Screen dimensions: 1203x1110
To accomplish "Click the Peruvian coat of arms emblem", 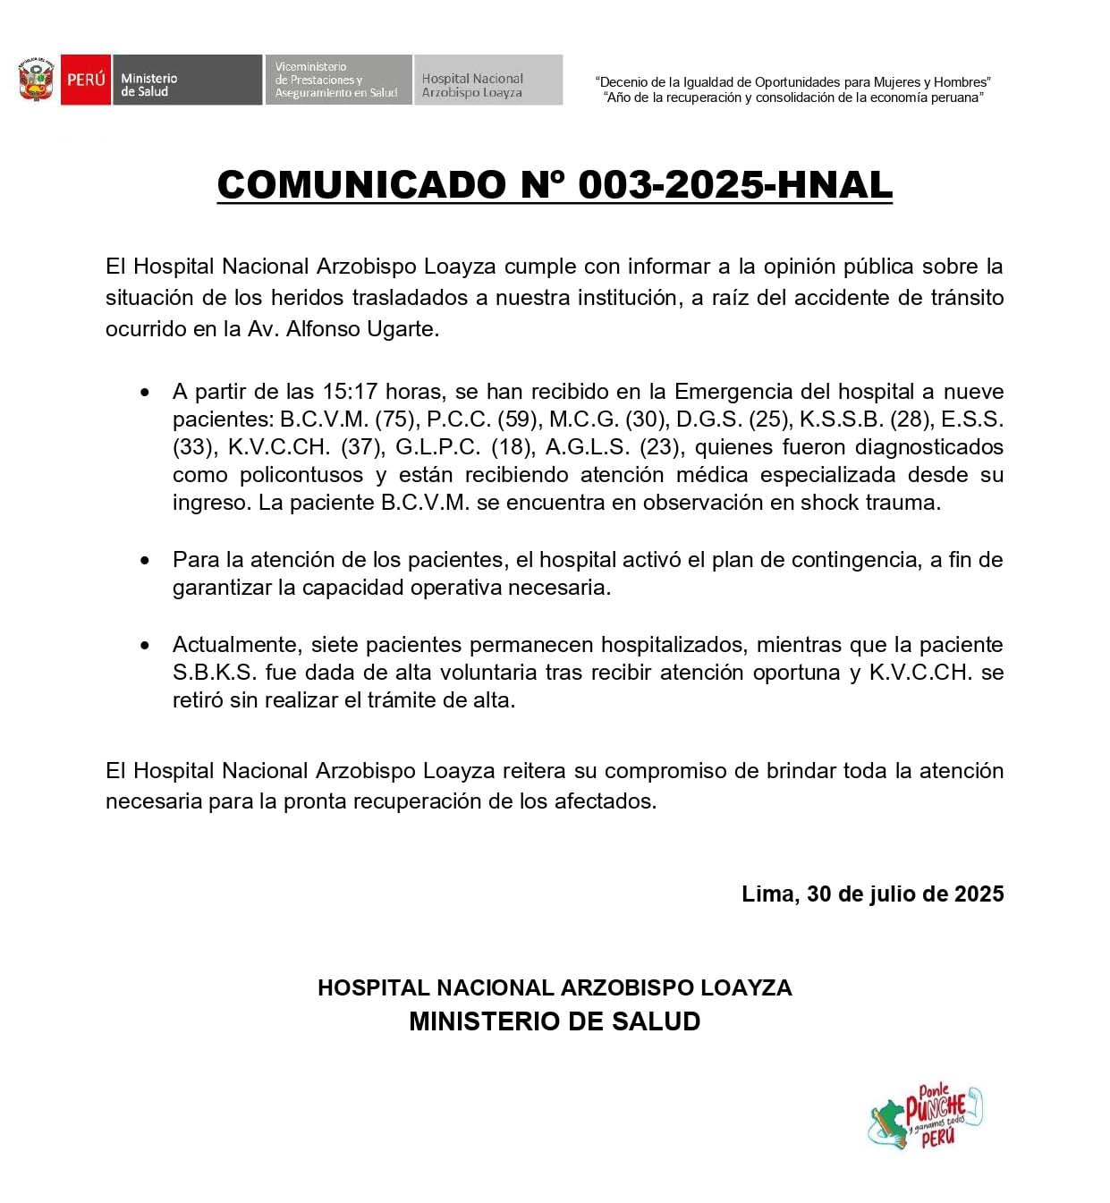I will [x=36, y=80].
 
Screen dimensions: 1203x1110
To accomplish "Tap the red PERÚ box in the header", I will [x=86, y=80].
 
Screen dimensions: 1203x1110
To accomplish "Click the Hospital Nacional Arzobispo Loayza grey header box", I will [x=487, y=80].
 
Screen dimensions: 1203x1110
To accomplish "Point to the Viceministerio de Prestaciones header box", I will [x=338, y=80].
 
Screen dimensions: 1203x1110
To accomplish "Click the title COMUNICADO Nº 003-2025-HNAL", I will [x=555, y=185].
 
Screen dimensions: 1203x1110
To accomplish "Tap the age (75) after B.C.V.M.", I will [x=394, y=419].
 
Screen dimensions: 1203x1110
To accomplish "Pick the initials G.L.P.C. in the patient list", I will [x=438, y=447].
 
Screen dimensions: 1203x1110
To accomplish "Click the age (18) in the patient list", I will [x=512, y=447].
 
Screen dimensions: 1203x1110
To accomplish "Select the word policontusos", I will [x=301, y=475].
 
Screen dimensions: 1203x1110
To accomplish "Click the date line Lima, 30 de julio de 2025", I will [x=872, y=894].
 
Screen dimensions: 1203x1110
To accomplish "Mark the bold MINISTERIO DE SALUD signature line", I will [x=555, y=1021].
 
